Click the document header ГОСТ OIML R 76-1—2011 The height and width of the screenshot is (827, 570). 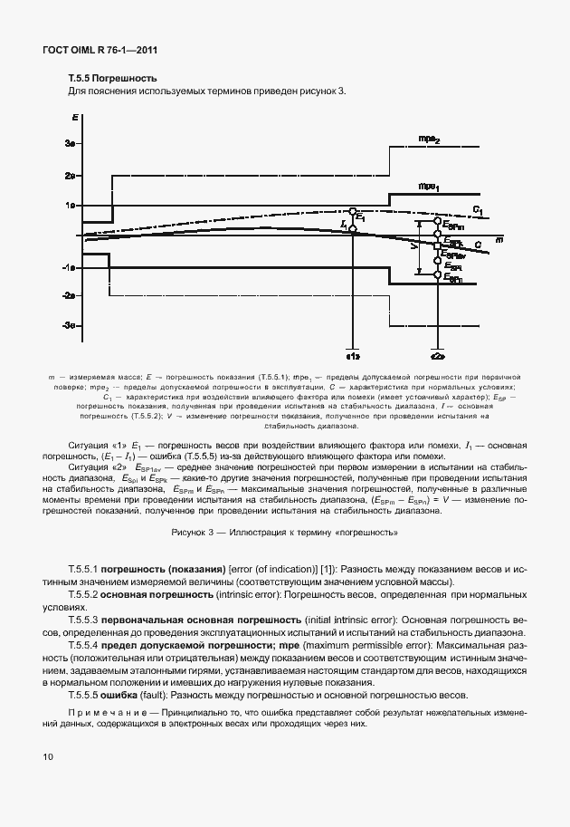94,50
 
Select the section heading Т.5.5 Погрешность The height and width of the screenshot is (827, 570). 113,79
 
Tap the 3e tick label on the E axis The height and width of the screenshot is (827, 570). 69,144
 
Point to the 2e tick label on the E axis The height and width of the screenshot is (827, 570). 69,175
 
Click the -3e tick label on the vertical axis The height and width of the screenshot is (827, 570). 68,326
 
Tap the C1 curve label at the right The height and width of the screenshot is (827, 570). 478,211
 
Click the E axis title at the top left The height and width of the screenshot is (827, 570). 73,118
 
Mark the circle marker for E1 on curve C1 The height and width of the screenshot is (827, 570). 353,210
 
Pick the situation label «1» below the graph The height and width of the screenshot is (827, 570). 353,357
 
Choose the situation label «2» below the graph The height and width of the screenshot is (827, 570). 437,357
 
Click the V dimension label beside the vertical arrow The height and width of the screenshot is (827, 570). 413,245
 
